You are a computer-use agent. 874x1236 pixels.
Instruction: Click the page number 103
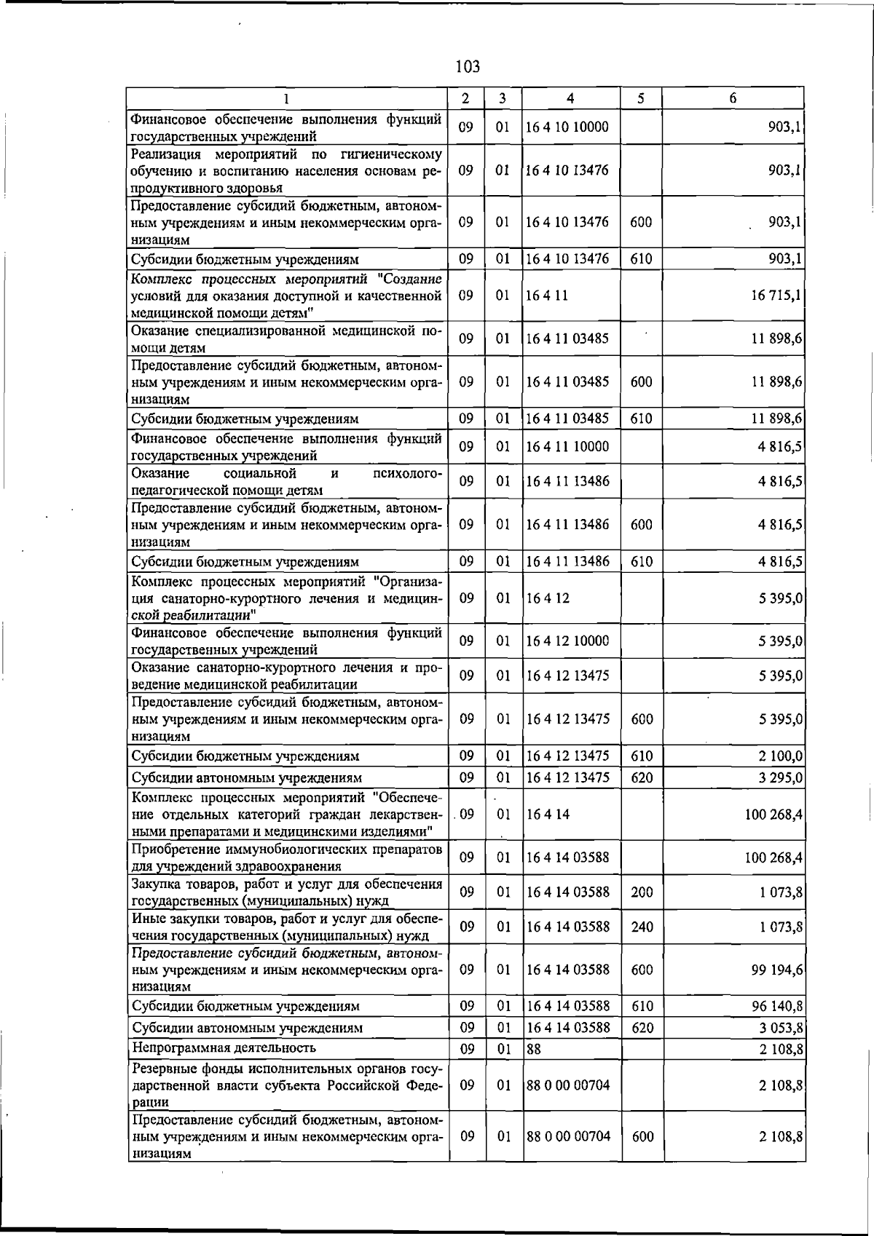click(467, 67)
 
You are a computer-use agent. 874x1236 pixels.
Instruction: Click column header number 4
click(570, 98)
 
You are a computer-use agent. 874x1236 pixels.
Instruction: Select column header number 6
click(733, 98)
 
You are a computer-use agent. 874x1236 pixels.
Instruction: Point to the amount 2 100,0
click(781, 756)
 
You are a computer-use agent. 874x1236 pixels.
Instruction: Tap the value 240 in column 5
click(642, 927)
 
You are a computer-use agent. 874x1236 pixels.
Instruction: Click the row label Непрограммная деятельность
click(224, 1048)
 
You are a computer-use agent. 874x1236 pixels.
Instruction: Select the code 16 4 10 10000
click(567, 127)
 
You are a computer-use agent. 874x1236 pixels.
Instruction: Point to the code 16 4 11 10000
click(567, 447)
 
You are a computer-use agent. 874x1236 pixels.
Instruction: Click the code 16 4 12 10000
click(567, 641)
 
